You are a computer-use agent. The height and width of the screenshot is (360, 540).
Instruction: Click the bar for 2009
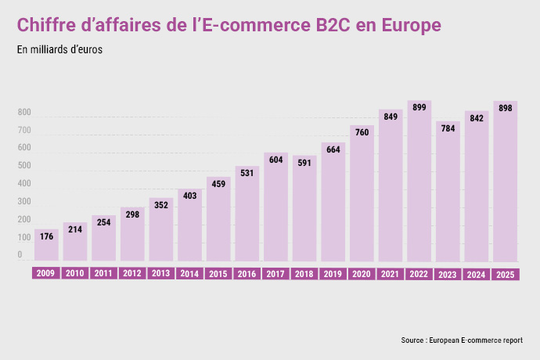click(x=46, y=245)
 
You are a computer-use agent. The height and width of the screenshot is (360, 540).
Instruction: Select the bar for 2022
click(x=419, y=181)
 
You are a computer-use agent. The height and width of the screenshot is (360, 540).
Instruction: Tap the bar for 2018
click(x=304, y=208)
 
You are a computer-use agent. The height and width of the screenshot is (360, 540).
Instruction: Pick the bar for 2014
click(x=189, y=225)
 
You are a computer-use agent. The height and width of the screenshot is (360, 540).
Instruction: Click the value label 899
click(x=419, y=107)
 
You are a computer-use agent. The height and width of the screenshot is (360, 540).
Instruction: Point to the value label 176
click(x=46, y=236)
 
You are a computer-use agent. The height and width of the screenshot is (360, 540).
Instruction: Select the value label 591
click(x=304, y=163)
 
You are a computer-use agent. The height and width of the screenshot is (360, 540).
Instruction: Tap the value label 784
click(x=448, y=128)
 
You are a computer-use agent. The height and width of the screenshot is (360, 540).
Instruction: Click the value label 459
click(x=218, y=184)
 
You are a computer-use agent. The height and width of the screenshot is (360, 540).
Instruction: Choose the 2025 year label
click(x=506, y=275)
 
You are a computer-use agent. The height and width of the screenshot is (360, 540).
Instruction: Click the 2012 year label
click(x=132, y=274)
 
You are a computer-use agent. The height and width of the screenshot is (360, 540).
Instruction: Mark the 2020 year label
click(x=362, y=274)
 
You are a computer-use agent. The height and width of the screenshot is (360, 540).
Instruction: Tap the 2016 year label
click(x=247, y=274)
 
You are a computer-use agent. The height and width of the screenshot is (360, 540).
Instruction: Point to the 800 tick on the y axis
click(x=24, y=113)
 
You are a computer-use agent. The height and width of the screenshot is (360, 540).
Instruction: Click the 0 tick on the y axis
click(x=20, y=254)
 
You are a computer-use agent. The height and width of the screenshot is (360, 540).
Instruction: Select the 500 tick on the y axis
click(x=24, y=165)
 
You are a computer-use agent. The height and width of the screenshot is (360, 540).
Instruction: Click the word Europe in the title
click(x=411, y=26)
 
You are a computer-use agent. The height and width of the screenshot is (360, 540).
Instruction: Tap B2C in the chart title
click(x=333, y=25)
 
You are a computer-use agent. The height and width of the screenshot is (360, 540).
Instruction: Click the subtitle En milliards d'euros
click(x=59, y=49)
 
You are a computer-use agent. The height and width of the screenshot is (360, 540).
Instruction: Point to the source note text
click(x=462, y=340)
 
